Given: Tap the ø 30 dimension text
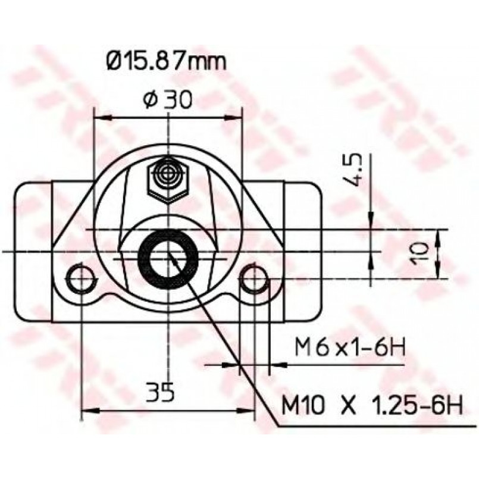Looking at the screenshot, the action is [x=168, y=99].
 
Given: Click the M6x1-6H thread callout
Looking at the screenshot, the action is [x=350, y=347].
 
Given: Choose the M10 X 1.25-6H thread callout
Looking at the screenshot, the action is [x=372, y=405].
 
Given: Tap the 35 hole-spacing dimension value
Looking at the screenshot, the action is [x=160, y=392].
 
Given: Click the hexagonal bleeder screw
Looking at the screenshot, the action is [x=167, y=181].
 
